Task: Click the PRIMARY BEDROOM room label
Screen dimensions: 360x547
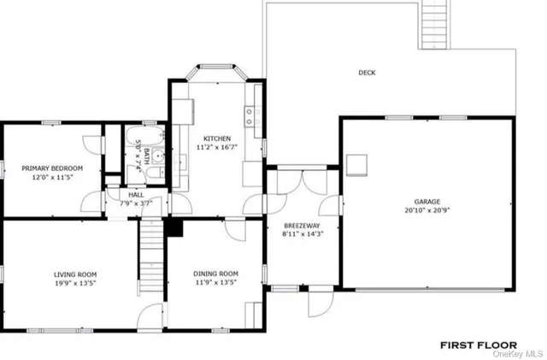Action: (52, 168)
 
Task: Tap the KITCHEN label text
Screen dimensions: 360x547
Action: (216, 139)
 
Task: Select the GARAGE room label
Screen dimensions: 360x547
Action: (427, 202)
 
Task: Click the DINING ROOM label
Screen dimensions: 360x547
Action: (215, 274)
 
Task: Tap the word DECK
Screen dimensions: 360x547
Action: (366, 73)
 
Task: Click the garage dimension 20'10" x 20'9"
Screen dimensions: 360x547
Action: (427, 210)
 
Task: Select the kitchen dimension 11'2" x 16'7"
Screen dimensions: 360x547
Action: (216, 148)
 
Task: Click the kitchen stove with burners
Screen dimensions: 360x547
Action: (249, 116)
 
